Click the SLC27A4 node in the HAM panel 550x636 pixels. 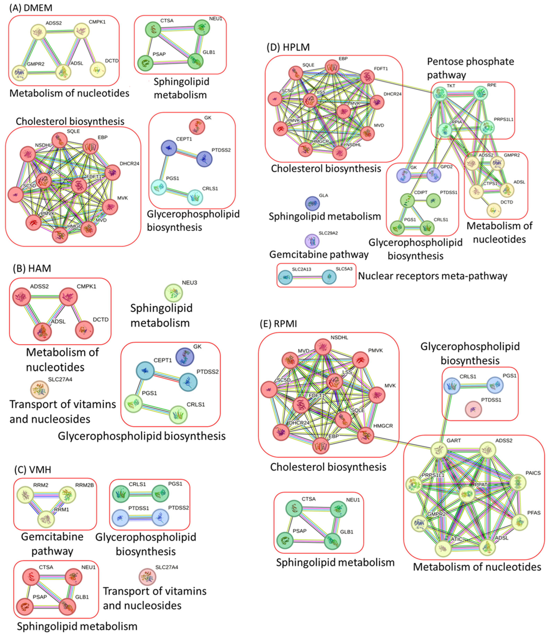[x=39, y=389]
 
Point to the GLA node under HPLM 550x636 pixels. [x=312, y=203]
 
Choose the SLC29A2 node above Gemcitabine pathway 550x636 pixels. [x=312, y=241]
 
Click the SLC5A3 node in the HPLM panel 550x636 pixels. [x=329, y=277]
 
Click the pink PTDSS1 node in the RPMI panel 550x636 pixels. [x=473, y=409]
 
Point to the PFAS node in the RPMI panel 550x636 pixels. [x=519, y=522]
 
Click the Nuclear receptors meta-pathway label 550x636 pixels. [x=432, y=276]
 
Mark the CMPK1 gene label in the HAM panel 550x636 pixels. [x=86, y=286]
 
